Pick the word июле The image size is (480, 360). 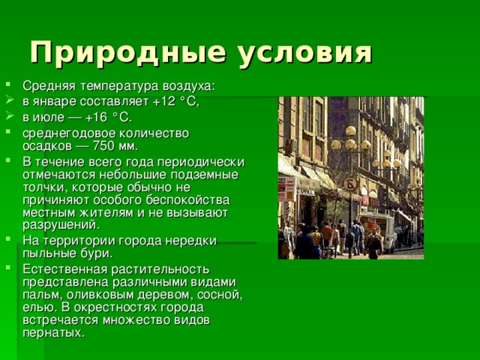click(x=49, y=117)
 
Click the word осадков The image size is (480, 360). click(x=44, y=145)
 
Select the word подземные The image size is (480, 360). click(x=204, y=174)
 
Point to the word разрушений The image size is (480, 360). click(x=58, y=224)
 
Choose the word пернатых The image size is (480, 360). click(x=51, y=332)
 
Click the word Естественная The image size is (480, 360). click(x=61, y=268)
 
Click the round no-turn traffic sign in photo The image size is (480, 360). click(x=350, y=184)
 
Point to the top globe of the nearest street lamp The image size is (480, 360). click(x=350, y=131)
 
